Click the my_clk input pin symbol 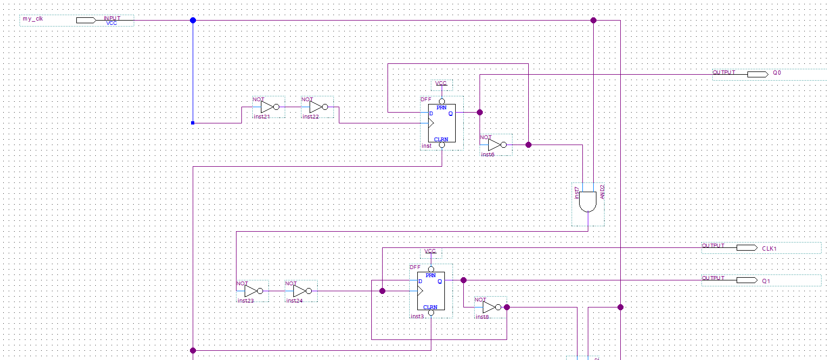click(86, 20)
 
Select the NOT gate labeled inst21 click(268, 107)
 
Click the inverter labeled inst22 click(317, 107)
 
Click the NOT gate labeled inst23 click(252, 291)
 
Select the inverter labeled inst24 click(301, 291)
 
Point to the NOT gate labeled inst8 click(490, 307)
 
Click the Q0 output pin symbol click(757, 74)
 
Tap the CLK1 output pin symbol click(746, 247)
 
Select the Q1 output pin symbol click(746, 280)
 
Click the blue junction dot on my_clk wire click(193, 20)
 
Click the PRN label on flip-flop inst click(442, 108)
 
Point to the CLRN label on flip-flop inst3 click(430, 307)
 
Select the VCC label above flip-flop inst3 click(430, 251)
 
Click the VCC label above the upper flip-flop click(441, 83)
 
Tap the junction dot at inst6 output click(528, 145)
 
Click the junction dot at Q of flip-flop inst click(480, 112)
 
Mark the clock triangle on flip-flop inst click(431, 123)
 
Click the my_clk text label click(32, 19)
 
